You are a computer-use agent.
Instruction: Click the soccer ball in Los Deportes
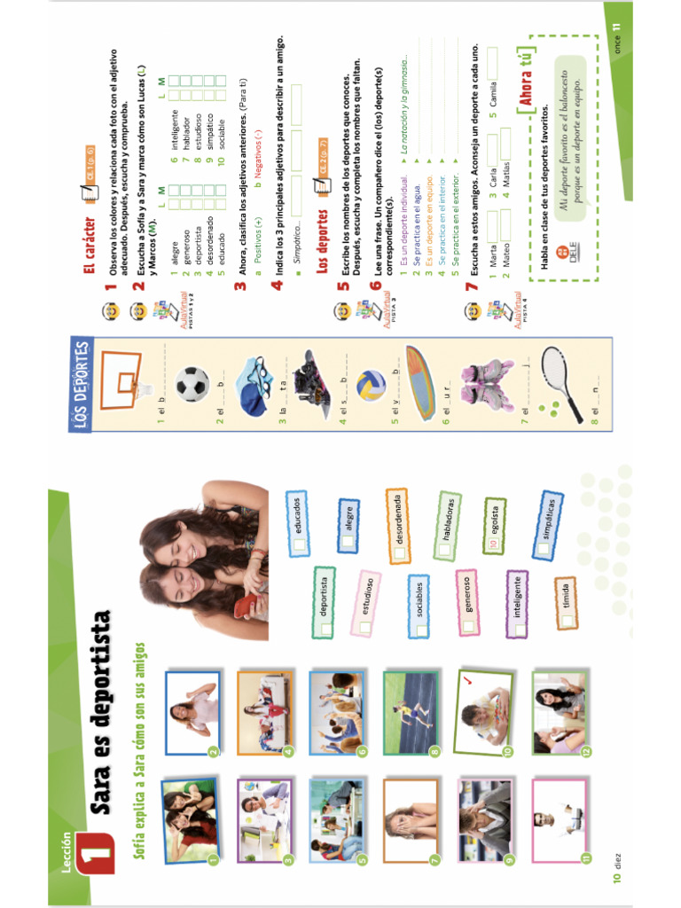point(192,384)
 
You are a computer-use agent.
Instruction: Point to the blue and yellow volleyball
point(370,385)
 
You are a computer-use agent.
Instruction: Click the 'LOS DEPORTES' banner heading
point(81,386)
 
